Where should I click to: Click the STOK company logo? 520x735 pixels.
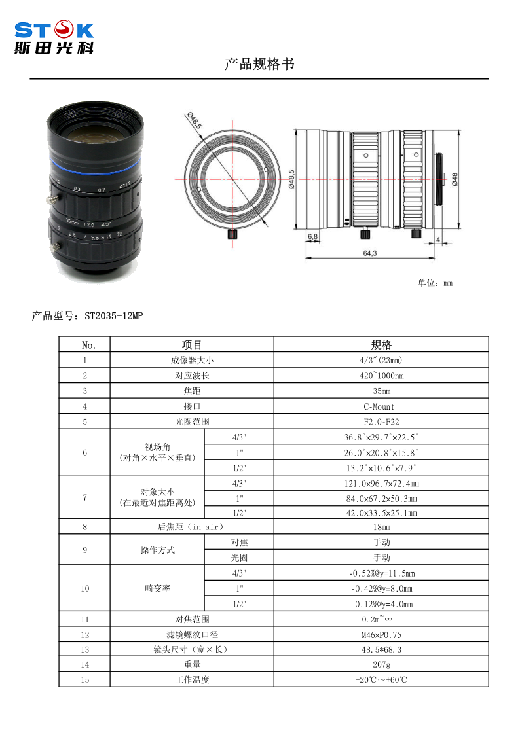(x=54, y=37)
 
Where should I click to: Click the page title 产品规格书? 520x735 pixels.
(x=259, y=64)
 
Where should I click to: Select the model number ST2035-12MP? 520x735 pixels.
(x=113, y=316)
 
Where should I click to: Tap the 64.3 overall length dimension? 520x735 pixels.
(x=369, y=253)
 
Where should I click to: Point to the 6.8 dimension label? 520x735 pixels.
(x=312, y=236)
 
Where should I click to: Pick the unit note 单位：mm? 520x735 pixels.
(x=435, y=283)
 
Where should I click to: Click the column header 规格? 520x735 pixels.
(x=381, y=345)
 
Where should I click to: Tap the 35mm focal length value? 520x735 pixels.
(x=381, y=391)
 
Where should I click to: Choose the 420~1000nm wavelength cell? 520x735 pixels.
(x=381, y=376)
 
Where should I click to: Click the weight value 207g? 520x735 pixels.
(x=381, y=664)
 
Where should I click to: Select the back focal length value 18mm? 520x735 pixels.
(x=381, y=527)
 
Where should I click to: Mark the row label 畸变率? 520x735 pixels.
(x=157, y=588)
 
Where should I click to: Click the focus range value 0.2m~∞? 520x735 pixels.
(x=381, y=618)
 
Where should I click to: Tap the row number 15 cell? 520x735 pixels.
(x=84, y=680)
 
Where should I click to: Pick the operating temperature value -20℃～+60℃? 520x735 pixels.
(x=381, y=680)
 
